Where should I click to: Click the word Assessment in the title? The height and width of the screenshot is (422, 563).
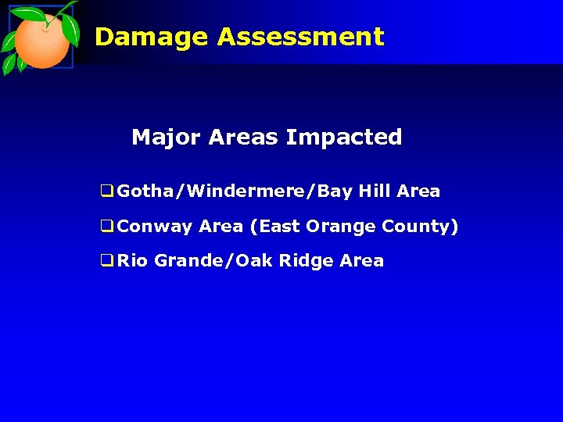pos(301,37)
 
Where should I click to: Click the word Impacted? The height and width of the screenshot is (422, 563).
pos(344,138)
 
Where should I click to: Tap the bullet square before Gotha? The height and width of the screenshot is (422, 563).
pos(107,191)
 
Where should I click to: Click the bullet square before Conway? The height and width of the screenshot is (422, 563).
pos(107,227)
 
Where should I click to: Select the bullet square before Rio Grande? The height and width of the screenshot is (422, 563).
pos(107,261)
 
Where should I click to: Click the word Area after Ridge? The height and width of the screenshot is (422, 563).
pos(362,261)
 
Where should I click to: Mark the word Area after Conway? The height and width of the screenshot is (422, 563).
pos(221,227)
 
